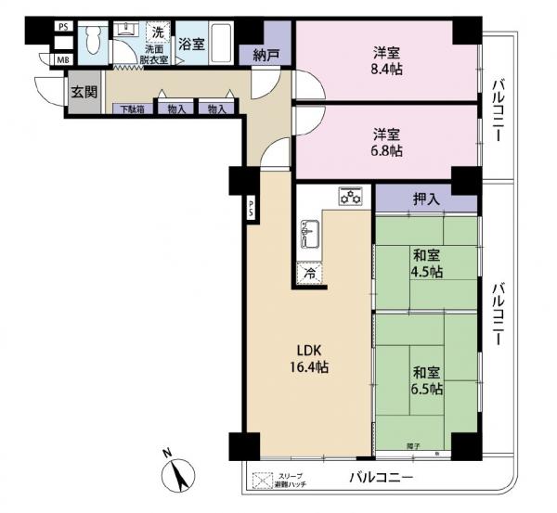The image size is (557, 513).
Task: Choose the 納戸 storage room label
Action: (x=265, y=56)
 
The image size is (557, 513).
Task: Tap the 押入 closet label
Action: (x=426, y=198)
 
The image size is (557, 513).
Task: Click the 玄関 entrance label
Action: (x=83, y=93)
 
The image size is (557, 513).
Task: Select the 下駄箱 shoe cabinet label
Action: (x=128, y=109)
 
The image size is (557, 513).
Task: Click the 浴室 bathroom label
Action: (x=191, y=43)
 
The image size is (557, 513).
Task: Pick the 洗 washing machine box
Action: (x=156, y=32)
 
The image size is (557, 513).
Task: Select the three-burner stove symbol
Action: (x=349, y=196)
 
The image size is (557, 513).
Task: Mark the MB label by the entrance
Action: (x=63, y=59)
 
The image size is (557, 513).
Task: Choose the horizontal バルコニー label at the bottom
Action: (x=381, y=479)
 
